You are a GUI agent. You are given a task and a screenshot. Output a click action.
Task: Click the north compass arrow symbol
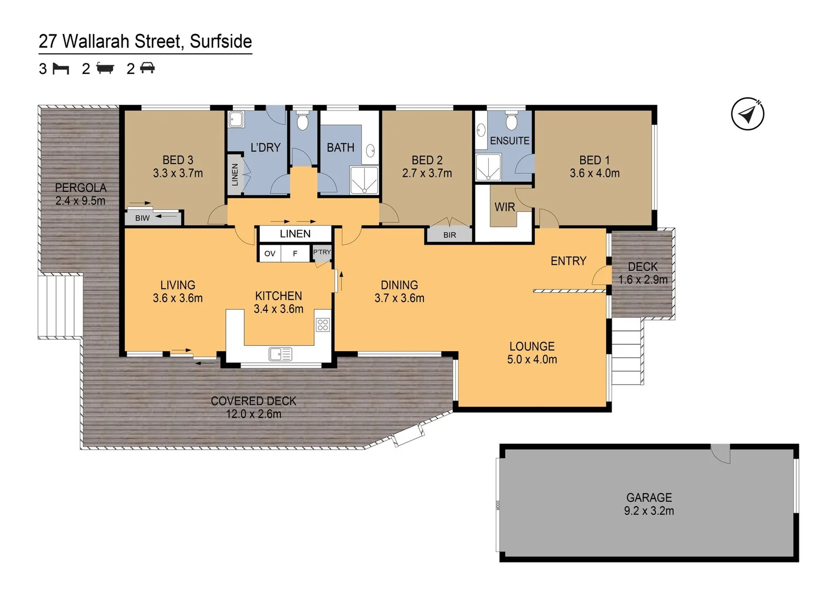[747, 114]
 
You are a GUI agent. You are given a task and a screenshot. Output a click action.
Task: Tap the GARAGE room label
[649, 497]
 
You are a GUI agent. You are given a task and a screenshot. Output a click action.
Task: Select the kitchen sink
[281, 354]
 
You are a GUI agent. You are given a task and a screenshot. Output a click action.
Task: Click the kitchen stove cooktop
[323, 325]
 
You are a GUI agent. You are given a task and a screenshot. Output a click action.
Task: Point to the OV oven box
[270, 253]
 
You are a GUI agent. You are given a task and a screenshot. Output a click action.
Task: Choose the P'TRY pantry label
[322, 252]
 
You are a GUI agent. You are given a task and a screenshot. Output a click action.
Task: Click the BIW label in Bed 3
[142, 218]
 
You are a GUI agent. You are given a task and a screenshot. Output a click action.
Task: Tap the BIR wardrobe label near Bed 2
[449, 235]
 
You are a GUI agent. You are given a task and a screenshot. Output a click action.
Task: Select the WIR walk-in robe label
[505, 207]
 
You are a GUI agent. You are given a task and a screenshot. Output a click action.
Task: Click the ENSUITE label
[510, 141]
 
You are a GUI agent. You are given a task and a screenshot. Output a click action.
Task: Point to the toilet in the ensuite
[511, 121]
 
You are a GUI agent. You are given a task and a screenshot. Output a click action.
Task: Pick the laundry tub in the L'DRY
[237, 119]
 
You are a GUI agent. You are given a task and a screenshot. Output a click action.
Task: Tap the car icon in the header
[147, 68]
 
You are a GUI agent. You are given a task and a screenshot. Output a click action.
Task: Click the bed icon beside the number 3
[61, 68]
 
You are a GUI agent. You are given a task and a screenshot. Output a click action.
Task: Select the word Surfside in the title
[221, 41]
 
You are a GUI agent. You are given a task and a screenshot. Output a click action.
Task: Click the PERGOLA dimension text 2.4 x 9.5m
[81, 201]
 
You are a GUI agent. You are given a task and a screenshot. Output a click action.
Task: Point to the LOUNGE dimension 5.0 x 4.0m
[532, 360]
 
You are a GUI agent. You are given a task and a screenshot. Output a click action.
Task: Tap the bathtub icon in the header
[105, 68]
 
